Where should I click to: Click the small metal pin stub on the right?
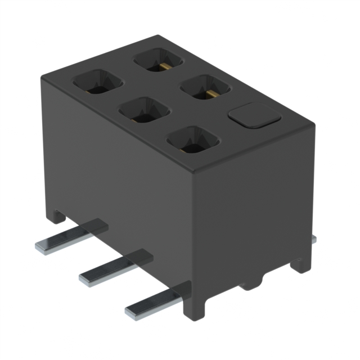pos(313,239)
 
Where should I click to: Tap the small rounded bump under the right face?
pos(258,281)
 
